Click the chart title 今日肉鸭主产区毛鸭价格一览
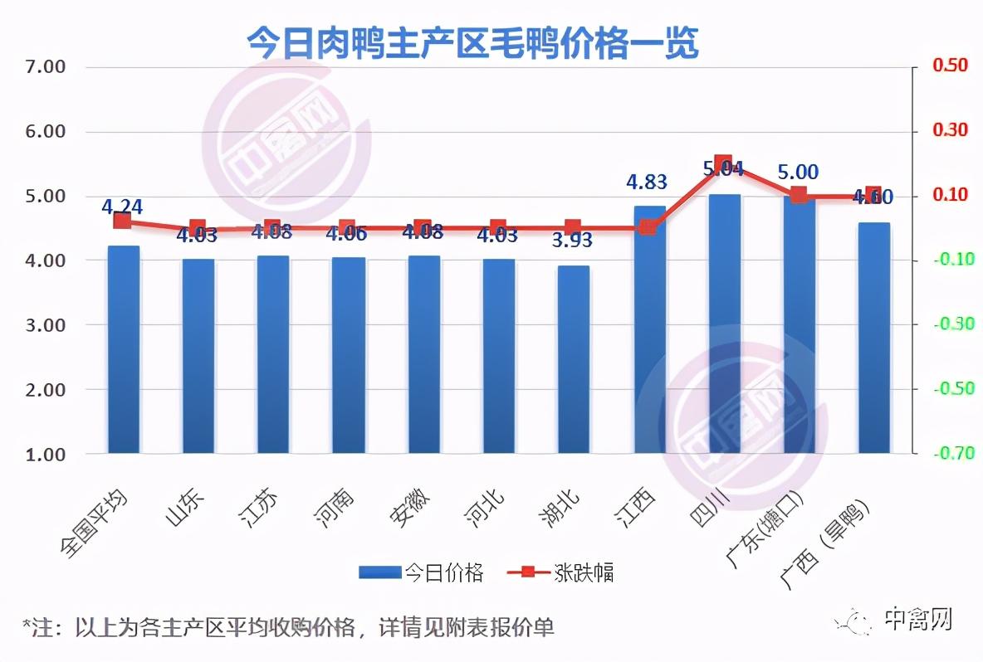(472, 43)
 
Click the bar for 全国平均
(123, 349)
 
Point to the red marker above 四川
(723, 163)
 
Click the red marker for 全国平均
(123, 220)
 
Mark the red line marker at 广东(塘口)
(798, 195)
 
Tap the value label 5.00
(798, 173)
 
